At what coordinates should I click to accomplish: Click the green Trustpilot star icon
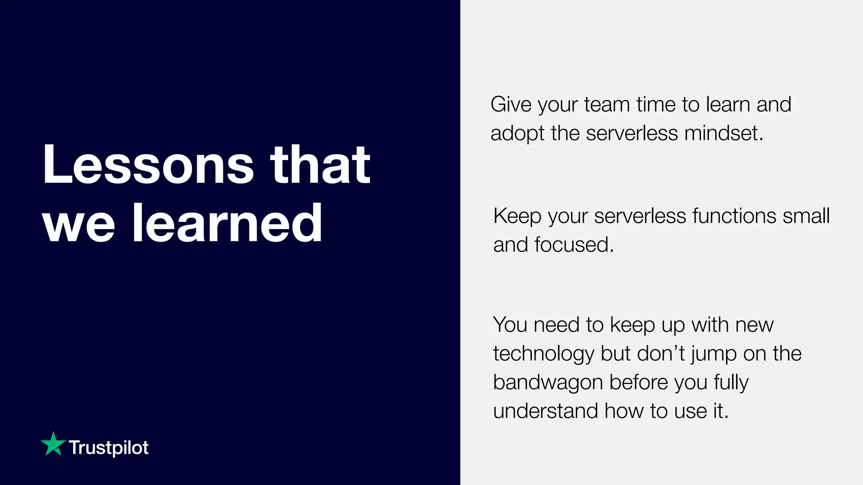tap(53, 444)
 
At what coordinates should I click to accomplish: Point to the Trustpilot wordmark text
tap(109, 448)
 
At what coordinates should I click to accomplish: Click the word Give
tap(511, 104)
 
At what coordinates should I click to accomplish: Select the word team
tap(607, 104)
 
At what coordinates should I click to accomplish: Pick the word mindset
tap(723, 133)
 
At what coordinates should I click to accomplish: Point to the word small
tap(806, 216)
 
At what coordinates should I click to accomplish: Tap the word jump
tap(713, 354)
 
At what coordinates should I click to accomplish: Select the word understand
tap(545, 411)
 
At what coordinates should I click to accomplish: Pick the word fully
tap(731, 383)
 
